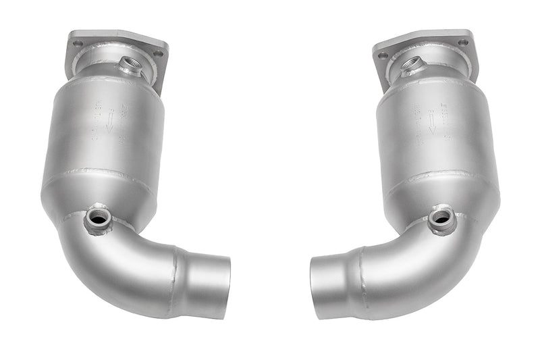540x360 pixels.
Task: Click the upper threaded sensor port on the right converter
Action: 411,65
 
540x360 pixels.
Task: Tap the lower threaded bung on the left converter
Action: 98,217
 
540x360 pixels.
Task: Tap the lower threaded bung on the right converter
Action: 441,217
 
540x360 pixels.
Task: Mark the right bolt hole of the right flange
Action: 463,42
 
